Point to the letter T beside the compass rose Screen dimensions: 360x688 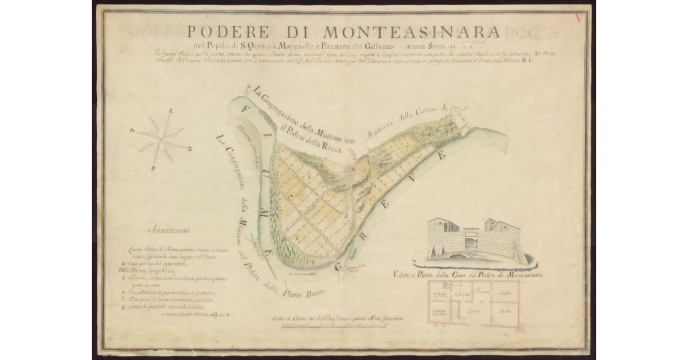click(133, 130)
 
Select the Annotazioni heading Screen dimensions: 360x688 click(171, 232)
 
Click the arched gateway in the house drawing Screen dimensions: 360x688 click(471, 240)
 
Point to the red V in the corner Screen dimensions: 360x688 click(579, 18)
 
